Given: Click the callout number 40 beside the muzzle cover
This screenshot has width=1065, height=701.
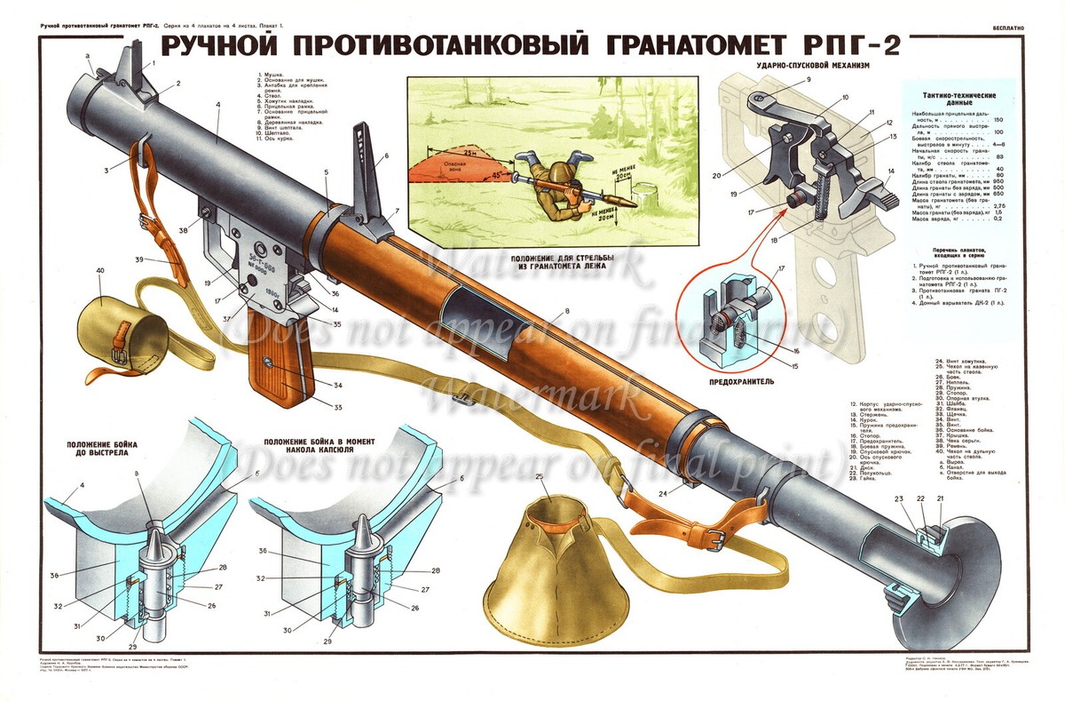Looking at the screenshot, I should coord(99,270).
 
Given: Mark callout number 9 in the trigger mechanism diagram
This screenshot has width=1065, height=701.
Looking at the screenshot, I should coord(809,80).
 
